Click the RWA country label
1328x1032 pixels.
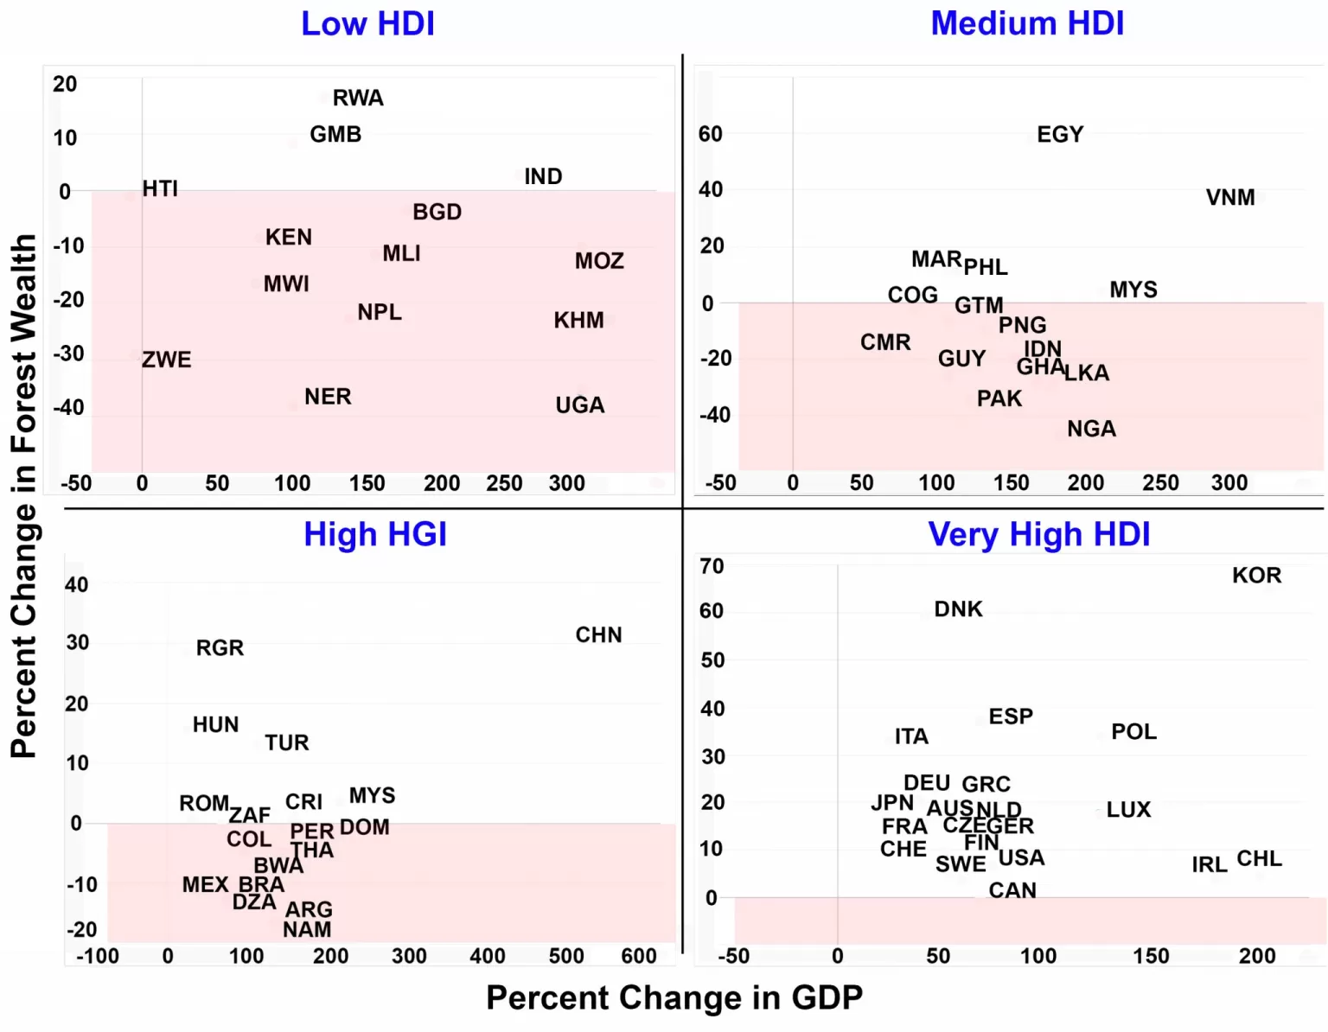pyautogui.click(x=358, y=98)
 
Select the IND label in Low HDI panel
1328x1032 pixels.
pyautogui.click(x=543, y=176)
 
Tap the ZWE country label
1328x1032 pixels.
pyautogui.click(x=167, y=360)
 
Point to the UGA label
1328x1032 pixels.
pyautogui.click(x=580, y=405)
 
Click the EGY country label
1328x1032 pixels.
pyautogui.click(x=1060, y=135)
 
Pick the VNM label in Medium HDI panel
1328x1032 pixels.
pyautogui.click(x=1230, y=198)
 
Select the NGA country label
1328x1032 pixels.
pyautogui.click(x=1091, y=430)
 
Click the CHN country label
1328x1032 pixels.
pyautogui.click(x=598, y=635)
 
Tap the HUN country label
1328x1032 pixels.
pyautogui.click(x=215, y=724)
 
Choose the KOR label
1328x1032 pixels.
pyautogui.click(x=1256, y=576)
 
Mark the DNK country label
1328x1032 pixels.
pyautogui.click(x=958, y=609)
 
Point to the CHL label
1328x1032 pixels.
pyautogui.click(x=1259, y=859)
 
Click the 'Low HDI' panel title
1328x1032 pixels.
pyautogui.click(x=367, y=24)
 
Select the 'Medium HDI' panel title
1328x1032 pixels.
pyautogui.click(x=1027, y=24)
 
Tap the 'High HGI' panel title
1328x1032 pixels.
pyautogui.click(x=375, y=535)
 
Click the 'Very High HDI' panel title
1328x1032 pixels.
pyautogui.click(x=1038, y=535)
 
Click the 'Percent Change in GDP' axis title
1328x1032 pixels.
pyautogui.click(x=674, y=998)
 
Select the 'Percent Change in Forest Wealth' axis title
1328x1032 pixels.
pyautogui.click(x=24, y=496)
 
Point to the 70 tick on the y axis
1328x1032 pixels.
pyautogui.click(x=712, y=567)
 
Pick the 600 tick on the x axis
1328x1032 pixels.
pyautogui.click(x=639, y=956)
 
